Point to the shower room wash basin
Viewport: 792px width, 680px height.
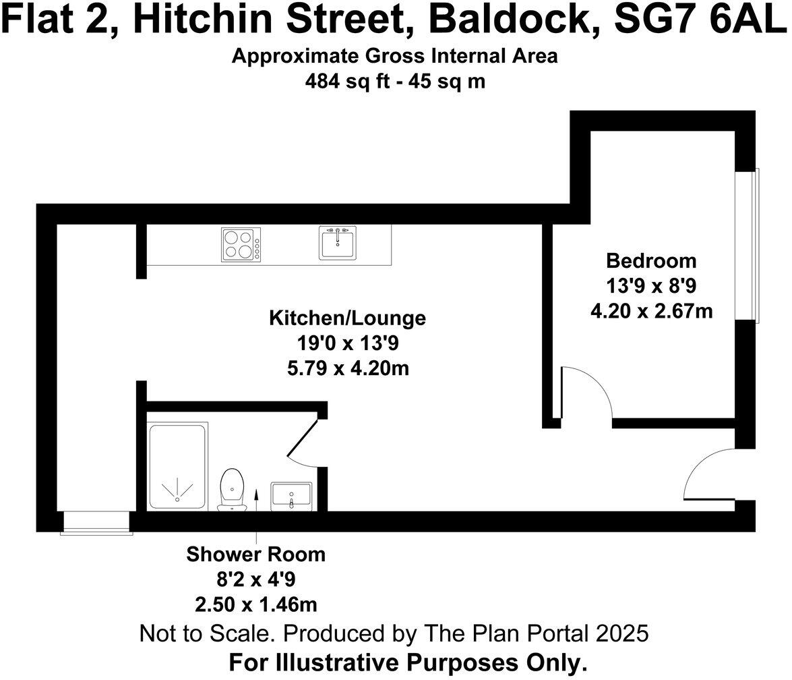tap(291, 497)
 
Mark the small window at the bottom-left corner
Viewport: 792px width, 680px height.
tap(95, 523)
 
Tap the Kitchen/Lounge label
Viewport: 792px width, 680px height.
tap(348, 318)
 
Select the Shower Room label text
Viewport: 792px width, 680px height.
tap(256, 555)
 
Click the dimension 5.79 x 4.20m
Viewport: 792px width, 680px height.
tap(348, 368)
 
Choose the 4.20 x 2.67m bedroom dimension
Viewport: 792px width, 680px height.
tap(650, 310)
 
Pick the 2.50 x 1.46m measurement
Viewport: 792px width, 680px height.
tap(256, 602)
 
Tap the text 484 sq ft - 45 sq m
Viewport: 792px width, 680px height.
tap(395, 82)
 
